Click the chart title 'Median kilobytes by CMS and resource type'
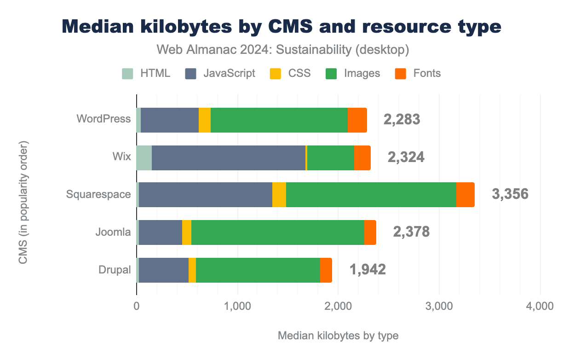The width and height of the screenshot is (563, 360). click(x=281, y=27)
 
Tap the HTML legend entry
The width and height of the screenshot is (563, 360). click(x=146, y=73)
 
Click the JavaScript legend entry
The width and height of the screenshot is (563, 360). click(x=220, y=73)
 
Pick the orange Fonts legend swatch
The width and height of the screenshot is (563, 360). click(x=402, y=73)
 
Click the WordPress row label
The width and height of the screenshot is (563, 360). click(x=103, y=119)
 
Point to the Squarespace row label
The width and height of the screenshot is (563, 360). click(x=98, y=194)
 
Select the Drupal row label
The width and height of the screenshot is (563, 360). click(x=115, y=270)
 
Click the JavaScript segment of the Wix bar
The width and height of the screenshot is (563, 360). click(x=229, y=157)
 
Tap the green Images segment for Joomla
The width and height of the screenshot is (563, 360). click(x=277, y=232)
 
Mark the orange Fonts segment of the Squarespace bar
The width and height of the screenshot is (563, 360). click(x=465, y=195)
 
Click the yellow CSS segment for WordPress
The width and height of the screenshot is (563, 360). click(x=204, y=120)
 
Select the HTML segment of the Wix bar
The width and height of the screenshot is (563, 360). click(x=144, y=157)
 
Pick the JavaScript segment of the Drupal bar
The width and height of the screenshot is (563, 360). click(x=164, y=270)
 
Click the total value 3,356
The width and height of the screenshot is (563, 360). click(x=510, y=194)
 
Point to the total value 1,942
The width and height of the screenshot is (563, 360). click(x=368, y=269)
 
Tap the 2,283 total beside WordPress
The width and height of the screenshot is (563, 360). click(x=402, y=119)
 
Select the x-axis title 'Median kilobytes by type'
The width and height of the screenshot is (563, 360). click(x=338, y=336)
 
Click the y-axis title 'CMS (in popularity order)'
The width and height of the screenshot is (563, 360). click(x=23, y=203)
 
